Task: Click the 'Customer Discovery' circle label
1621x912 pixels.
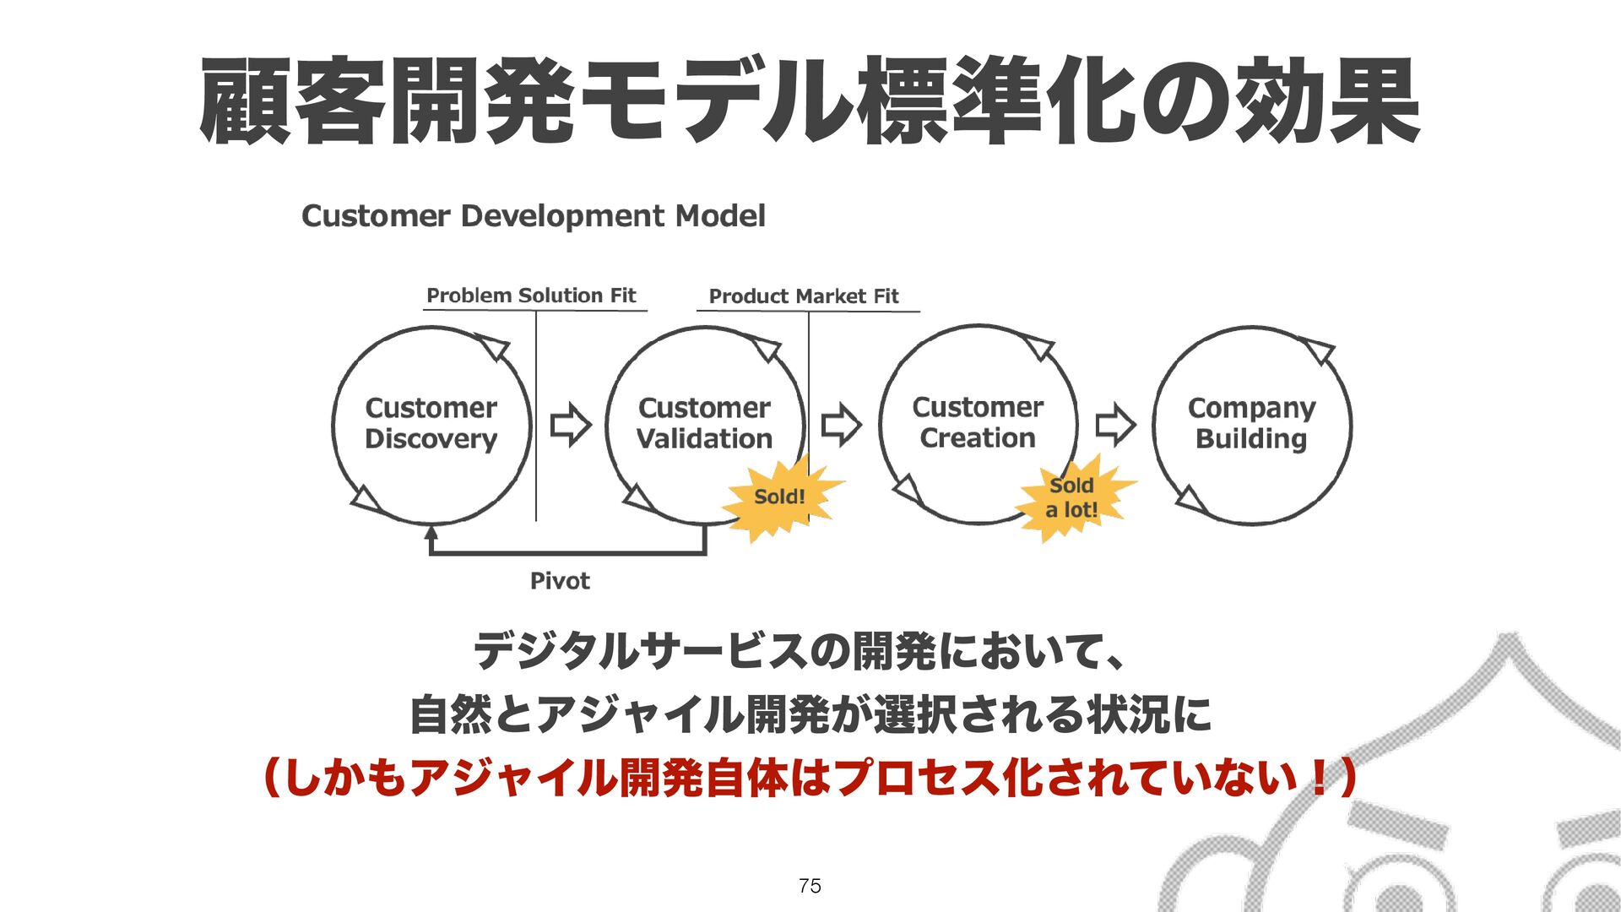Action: point(431,423)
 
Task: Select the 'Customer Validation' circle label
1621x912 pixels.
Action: point(704,423)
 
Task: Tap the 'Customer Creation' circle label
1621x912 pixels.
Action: point(978,422)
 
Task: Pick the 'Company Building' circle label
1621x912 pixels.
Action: point(1251,423)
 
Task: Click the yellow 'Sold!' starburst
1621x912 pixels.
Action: point(780,497)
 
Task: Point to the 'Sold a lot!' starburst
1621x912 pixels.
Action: point(1071,497)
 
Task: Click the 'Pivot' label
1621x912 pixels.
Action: point(559,581)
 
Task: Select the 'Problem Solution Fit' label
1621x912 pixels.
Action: point(531,296)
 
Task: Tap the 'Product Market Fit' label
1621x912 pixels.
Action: point(804,296)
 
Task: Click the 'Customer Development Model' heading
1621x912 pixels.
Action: point(533,216)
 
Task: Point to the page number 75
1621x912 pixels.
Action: point(810,886)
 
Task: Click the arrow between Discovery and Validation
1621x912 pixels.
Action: point(570,424)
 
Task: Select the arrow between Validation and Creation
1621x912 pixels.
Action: point(841,424)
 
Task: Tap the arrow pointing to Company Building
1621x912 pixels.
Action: point(1114,424)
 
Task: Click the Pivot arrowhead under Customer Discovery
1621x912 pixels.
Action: point(431,533)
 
